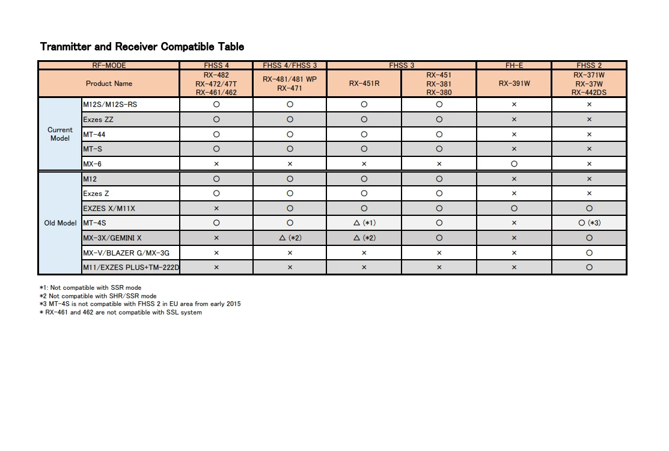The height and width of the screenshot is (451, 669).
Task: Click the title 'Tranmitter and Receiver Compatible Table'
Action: click(142, 46)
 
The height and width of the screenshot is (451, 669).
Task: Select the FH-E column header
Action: click(514, 66)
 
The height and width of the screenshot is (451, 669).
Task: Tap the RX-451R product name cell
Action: click(364, 84)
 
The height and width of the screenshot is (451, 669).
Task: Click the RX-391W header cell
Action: click(514, 84)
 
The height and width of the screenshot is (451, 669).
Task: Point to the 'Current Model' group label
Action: click(60, 134)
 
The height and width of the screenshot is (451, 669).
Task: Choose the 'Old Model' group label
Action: click(60, 223)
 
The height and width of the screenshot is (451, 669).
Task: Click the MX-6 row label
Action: click(92, 164)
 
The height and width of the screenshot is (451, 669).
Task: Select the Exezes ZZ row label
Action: click(98, 120)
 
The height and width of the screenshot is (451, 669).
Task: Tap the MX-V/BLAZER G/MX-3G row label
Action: click(126, 253)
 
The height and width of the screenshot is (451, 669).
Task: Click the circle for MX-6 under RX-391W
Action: click(514, 164)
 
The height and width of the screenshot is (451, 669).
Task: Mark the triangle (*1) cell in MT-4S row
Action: click(364, 223)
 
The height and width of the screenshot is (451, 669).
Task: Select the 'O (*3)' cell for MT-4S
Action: click(589, 223)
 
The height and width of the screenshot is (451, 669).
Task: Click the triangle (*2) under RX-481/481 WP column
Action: click(290, 238)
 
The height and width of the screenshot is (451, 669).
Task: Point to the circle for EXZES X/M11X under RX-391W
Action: click(514, 209)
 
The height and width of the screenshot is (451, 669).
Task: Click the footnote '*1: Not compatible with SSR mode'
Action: click(91, 288)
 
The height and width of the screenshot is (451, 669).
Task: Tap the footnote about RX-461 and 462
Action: click(121, 312)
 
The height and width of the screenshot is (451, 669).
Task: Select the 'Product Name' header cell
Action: click(109, 84)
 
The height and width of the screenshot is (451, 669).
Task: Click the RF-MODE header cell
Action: click(109, 66)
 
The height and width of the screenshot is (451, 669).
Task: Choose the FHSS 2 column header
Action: click(589, 66)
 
